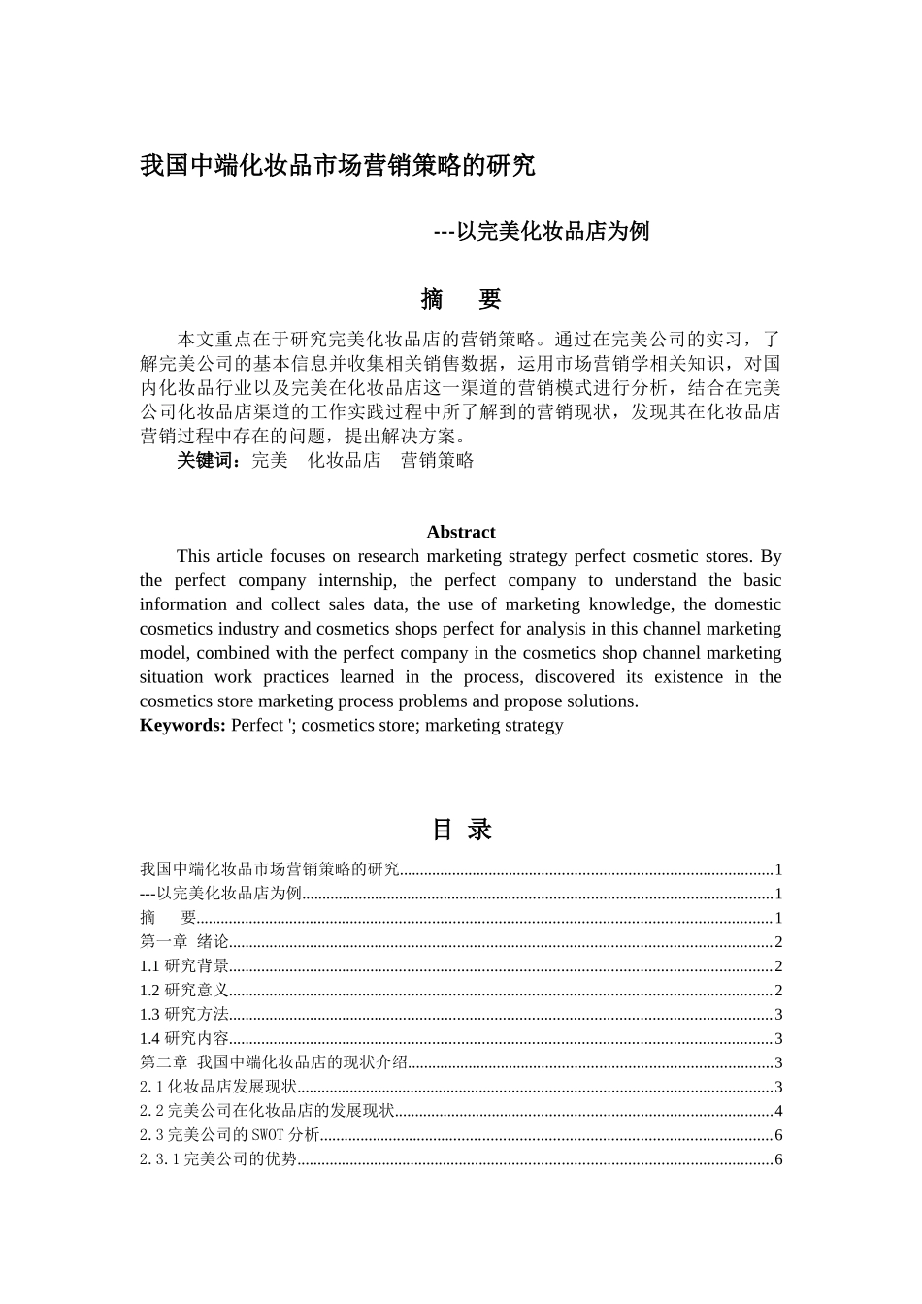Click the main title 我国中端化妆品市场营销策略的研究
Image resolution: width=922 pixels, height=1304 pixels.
[337, 166]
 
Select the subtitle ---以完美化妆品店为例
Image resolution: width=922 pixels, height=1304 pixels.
[541, 231]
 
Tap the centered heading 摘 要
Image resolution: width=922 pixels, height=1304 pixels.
[460, 299]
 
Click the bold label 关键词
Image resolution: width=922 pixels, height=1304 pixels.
[207, 460]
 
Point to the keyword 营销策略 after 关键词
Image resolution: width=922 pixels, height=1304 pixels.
[437, 460]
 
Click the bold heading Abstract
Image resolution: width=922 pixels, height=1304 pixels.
[460, 532]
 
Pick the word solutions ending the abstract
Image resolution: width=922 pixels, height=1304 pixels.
[600, 701]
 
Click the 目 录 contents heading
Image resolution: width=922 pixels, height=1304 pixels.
[461, 830]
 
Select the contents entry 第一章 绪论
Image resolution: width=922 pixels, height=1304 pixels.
[184, 941]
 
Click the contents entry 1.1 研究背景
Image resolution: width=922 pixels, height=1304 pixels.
[184, 965]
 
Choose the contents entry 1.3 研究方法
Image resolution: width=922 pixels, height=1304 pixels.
[184, 1014]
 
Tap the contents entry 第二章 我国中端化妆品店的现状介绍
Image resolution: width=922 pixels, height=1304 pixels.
[273, 1062]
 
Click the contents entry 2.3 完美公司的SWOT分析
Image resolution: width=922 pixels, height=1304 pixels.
[229, 1135]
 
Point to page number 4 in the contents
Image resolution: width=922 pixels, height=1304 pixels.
[778, 1111]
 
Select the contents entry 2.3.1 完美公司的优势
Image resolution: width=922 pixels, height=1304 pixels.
[217, 1159]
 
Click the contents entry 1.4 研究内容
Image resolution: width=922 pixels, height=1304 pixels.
[184, 1038]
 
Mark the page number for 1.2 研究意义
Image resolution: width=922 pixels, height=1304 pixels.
[778, 990]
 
